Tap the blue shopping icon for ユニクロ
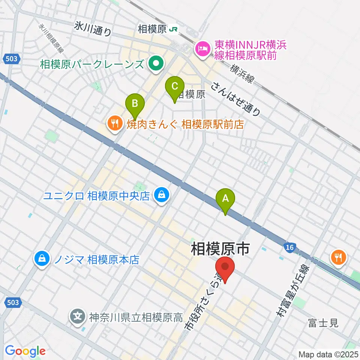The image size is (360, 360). (x=161, y=195)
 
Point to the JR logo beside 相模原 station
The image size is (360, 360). (x=173, y=29)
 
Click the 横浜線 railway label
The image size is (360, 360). (x=243, y=73)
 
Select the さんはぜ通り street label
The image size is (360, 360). (x=235, y=98)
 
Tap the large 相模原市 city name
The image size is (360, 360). (x=220, y=249)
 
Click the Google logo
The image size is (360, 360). (x=25, y=351)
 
